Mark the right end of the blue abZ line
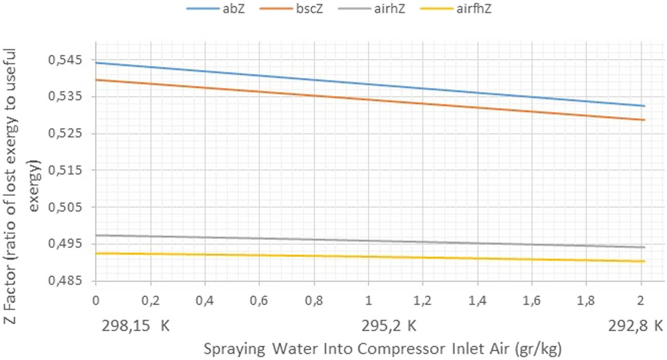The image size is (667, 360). (x=644, y=106)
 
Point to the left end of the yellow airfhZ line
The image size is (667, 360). (x=96, y=253)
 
